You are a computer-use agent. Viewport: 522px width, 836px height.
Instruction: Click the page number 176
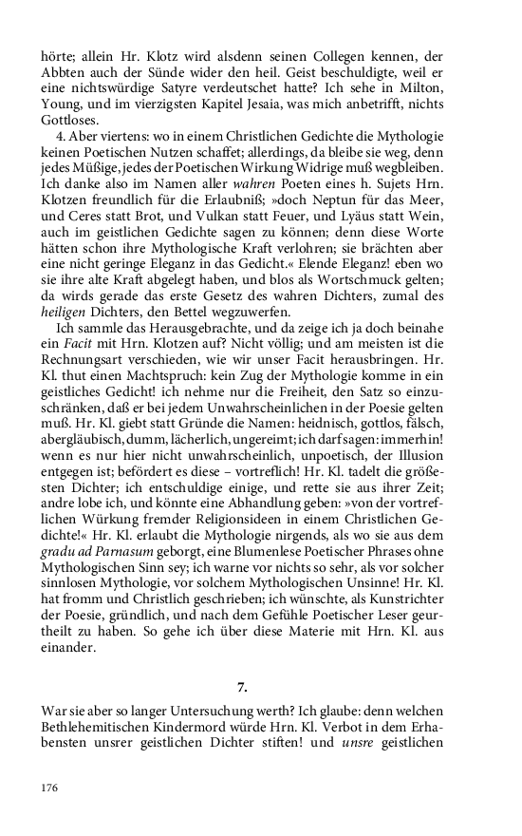tap(50, 788)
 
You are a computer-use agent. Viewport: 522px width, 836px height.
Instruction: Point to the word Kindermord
tap(227, 728)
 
